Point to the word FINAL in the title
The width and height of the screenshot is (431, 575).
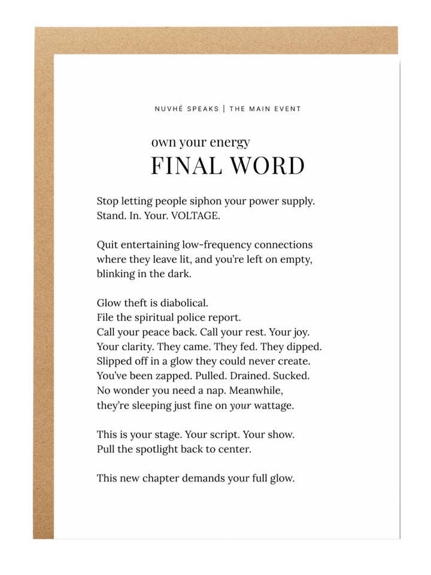coord(183,166)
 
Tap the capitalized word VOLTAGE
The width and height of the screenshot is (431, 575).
coord(195,216)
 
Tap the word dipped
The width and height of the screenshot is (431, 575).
coord(304,347)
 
